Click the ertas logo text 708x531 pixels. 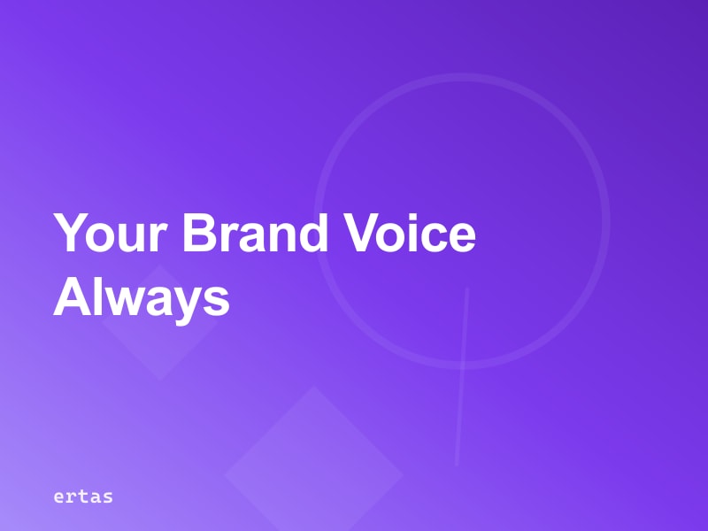[82, 496]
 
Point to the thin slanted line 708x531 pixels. [461, 376]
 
